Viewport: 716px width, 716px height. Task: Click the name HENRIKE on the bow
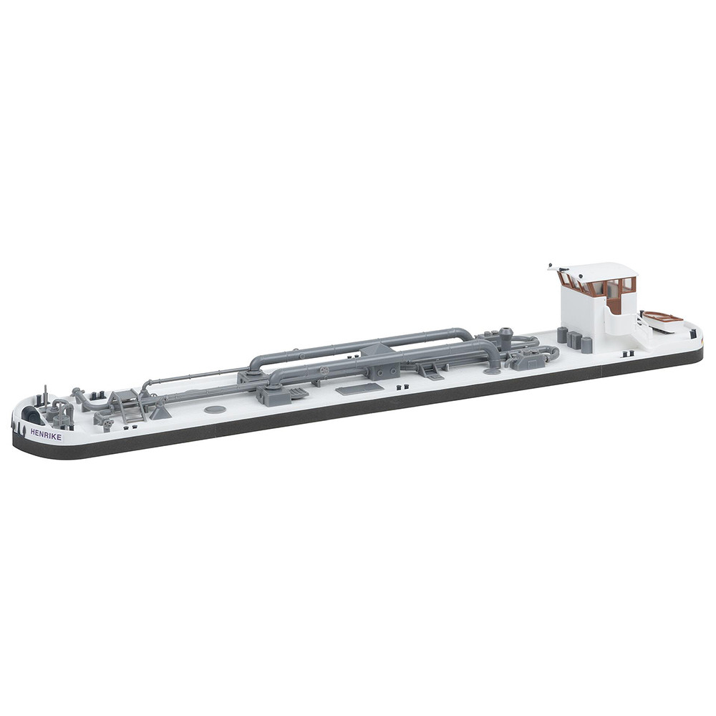[46, 433]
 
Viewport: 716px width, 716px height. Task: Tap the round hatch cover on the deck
[214, 409]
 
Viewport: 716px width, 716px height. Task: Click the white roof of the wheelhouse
[594, 269]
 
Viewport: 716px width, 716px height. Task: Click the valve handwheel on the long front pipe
[325, 371]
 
